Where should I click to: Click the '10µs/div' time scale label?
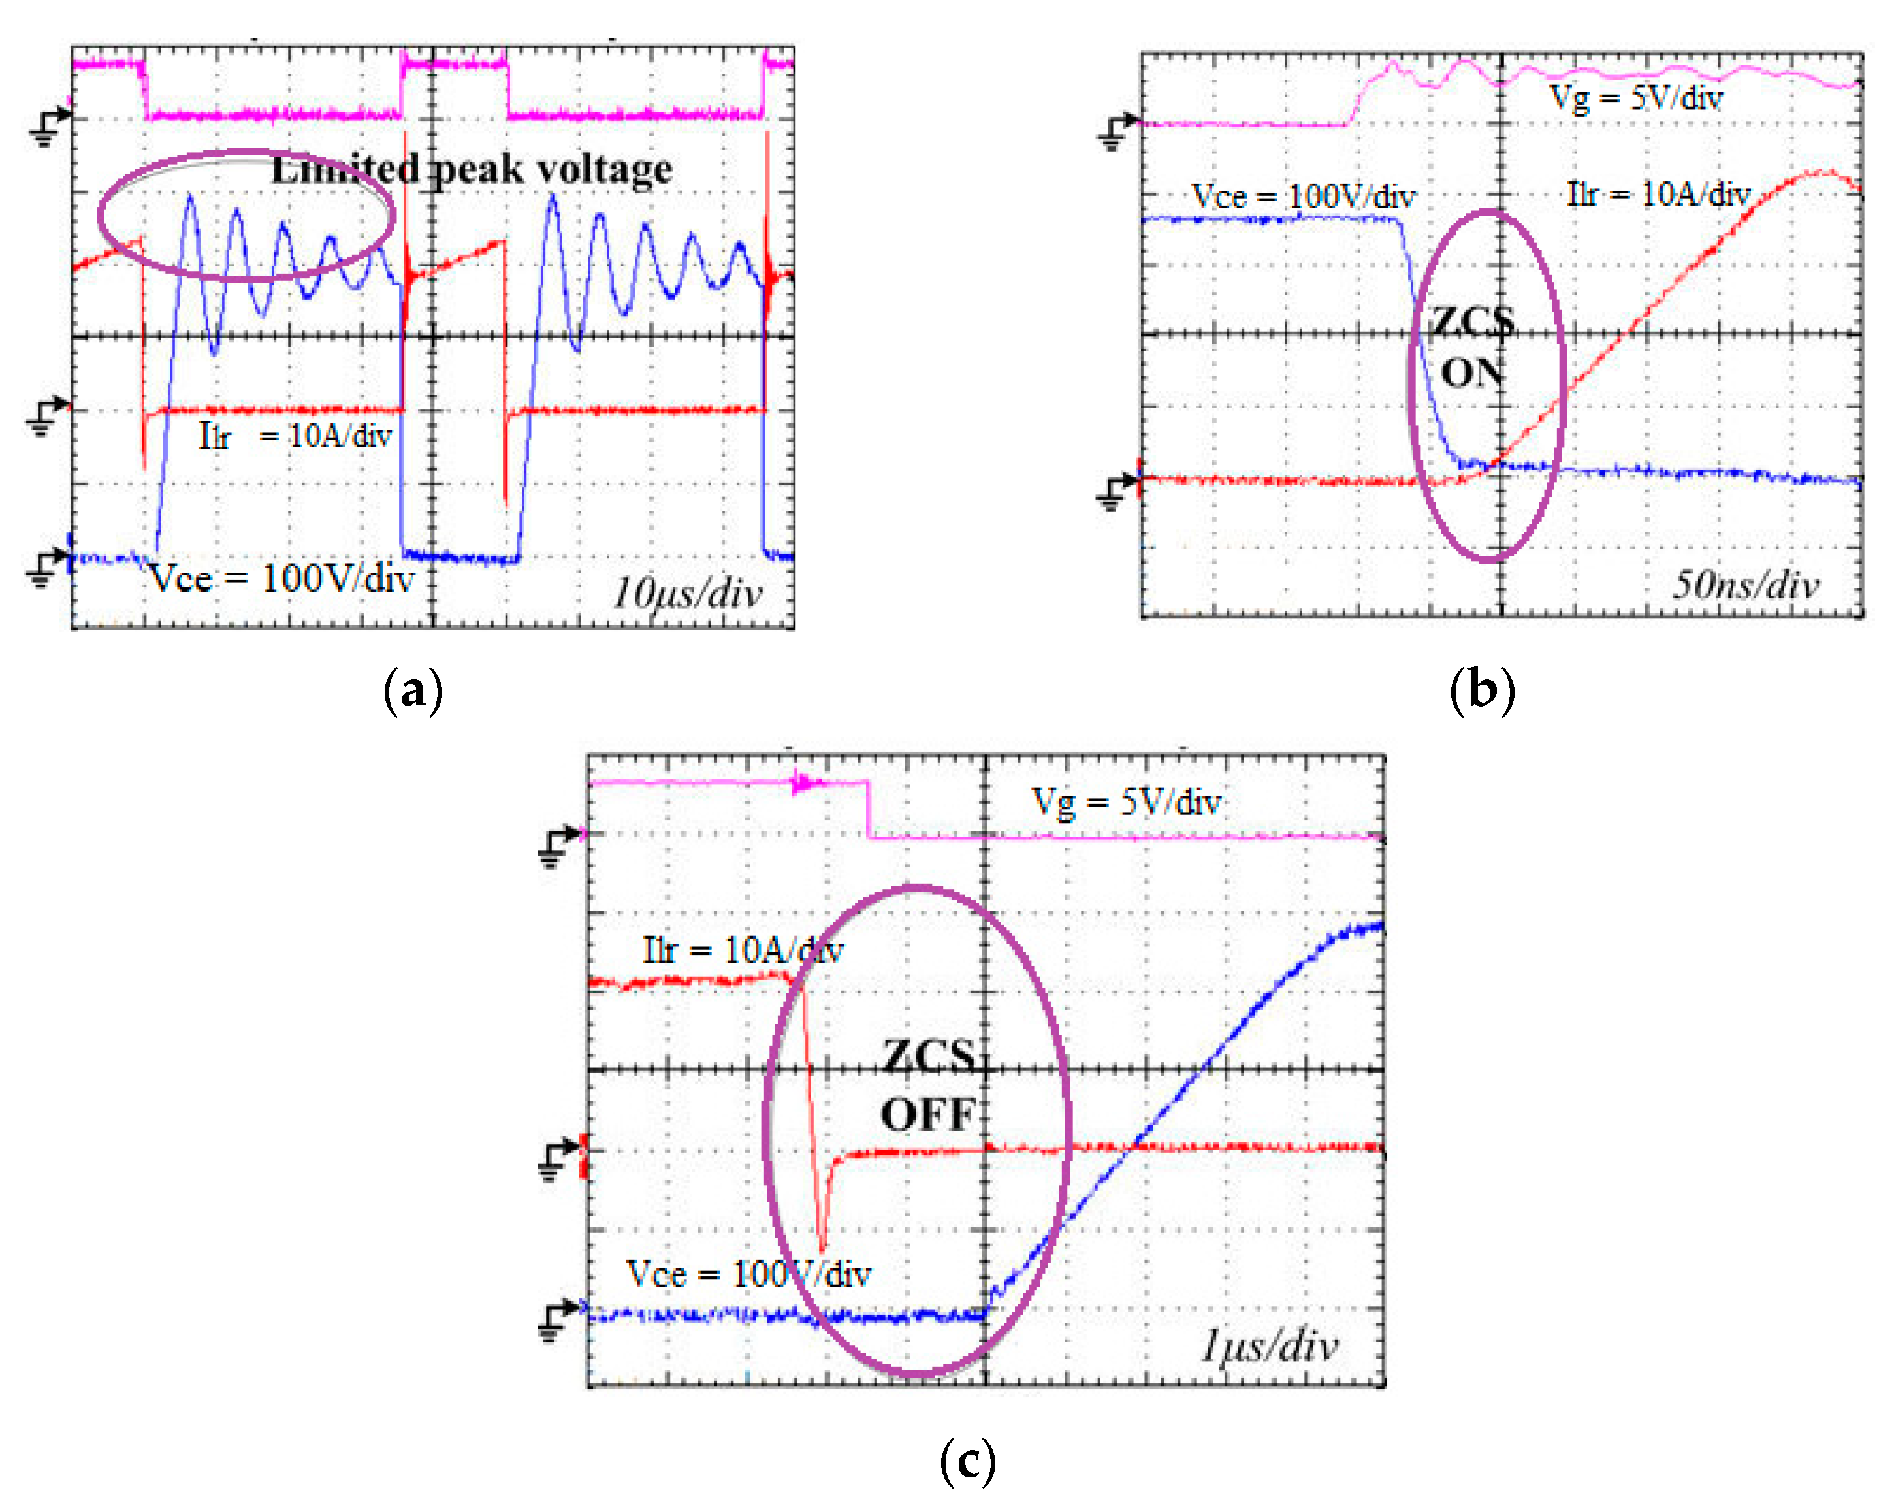pos(687,593)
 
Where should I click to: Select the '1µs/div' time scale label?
pos(1269,1346)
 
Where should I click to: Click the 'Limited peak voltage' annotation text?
pos(472,169)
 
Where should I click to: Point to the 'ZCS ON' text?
pos(1473,347)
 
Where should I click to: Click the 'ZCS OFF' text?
pos(929,1085)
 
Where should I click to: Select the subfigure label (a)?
pos(413,690)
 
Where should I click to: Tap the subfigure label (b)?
pos(1483,690)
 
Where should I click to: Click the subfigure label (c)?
pos(968,1460)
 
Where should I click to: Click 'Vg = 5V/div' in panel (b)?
pos(1636,98)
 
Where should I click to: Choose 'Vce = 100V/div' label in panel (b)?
pos(1304,197)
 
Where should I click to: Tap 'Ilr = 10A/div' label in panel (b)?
pos(1659,194)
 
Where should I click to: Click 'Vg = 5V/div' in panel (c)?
pos(1126,802)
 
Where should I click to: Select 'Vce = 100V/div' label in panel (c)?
pos(748,1274)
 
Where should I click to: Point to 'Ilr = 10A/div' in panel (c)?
pos(743,950)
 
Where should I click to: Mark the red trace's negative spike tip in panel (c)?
pos(822,1248)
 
